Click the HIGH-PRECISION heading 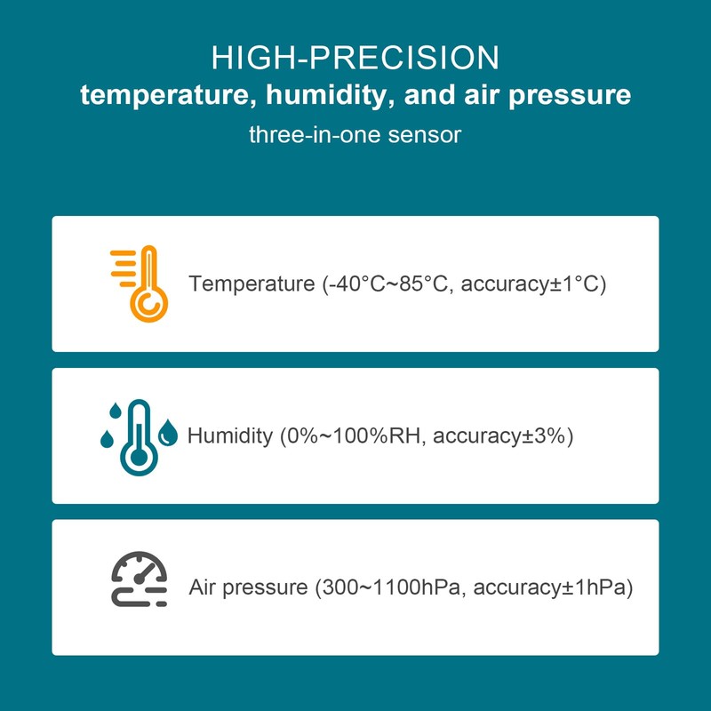[355, 58]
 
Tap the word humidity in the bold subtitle [317, 96]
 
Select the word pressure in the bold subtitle [572, 96]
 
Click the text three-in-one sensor [355, 136]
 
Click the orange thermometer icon [142, 284]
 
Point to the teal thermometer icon [138, 435]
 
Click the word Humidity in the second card [229, 436]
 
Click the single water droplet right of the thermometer [169, 434]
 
